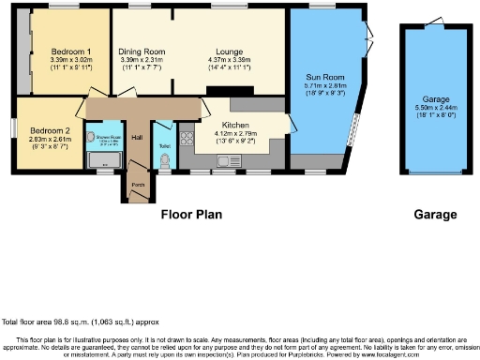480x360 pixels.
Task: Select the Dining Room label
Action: (x=141, y=51)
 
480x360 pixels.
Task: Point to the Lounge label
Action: (x=229, y=51)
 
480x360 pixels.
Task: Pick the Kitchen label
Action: (x=234, y=123)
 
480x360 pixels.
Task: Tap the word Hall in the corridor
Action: (x=136, y=138)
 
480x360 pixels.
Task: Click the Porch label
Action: (x=138, y=185)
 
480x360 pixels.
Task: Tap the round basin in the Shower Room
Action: (x=91, y=137)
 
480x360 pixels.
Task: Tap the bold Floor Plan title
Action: (x=191, y=214)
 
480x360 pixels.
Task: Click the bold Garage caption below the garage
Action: (x=435, y=214)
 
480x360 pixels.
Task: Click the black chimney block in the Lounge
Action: (x=244, y=92)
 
